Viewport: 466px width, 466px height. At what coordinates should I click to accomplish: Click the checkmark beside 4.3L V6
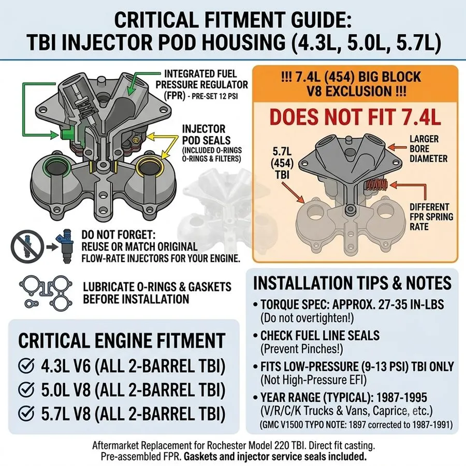click(x=26, y=366)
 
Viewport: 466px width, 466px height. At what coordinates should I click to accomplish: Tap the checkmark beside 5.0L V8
click(x=26, y=389)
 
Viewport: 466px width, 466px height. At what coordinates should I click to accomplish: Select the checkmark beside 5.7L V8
click(x=26, y=413)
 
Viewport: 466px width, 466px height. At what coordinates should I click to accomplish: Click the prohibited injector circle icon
click(x=27, y=246)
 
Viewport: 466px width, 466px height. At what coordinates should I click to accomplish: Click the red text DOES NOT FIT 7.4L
click(x=355, y=117)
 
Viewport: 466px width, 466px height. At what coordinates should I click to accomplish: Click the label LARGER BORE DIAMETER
click(x=428, y=149)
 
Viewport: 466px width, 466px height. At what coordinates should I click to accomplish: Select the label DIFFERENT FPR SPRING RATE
click(x=431, y=216)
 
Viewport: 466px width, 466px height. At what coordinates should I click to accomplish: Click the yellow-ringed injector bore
click(x=150, y=167)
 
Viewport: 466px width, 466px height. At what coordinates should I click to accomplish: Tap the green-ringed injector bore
click(x=57, y=167)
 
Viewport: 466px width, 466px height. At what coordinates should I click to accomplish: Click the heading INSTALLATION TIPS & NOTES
click(x=352, y=283)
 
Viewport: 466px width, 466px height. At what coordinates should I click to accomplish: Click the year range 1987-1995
click(x=401, y=397)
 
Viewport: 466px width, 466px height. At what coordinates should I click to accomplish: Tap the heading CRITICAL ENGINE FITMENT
click(x=122, y=340)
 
